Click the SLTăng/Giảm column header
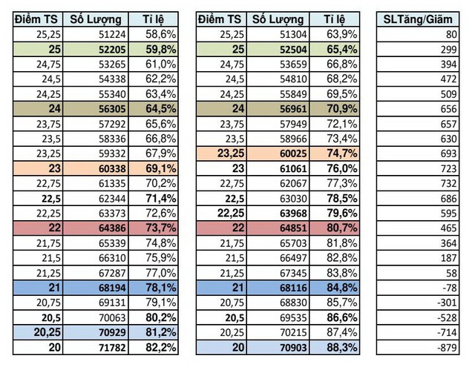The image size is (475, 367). tap(417, 19)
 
